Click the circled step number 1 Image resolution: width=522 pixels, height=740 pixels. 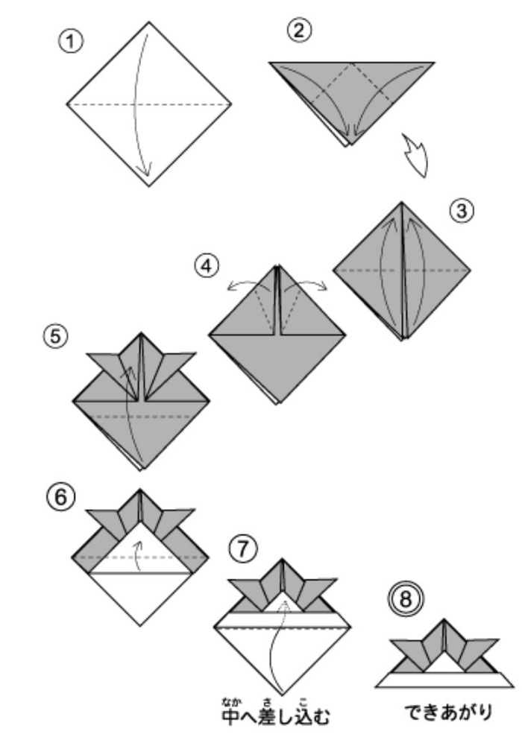(70, 42)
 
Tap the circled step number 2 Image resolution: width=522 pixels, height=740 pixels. (300, 31)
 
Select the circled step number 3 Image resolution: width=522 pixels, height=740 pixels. (462, 210)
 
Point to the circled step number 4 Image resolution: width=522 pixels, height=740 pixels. (207, 266)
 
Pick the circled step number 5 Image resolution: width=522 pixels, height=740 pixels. (56, 337)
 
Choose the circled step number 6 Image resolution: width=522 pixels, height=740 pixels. (61, 497)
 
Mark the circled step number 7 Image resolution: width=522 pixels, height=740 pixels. (243, 549)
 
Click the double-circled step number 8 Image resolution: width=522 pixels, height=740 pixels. (406, 599)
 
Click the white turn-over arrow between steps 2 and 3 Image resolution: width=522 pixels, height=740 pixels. (415, 156)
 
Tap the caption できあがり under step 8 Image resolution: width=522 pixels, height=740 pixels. (448, 712)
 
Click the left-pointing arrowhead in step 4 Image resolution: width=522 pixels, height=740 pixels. (233, 286)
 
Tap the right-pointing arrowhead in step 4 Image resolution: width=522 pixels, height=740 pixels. (321, 286)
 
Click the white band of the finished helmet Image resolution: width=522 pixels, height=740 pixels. (444, 680)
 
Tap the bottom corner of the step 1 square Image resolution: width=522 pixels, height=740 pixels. (149, 186)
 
